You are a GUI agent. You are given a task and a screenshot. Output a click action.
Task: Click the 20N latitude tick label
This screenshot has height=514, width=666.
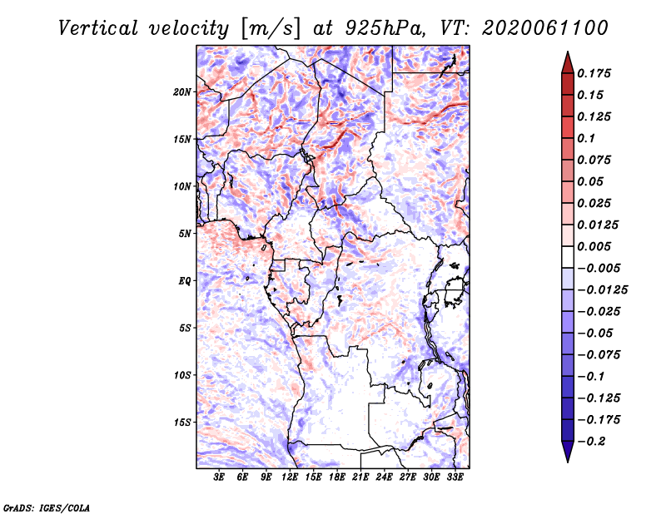pyautogui.click(x=181, y=92)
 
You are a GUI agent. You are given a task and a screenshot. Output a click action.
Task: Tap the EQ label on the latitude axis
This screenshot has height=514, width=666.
pyautogui.click(x=185, y=281)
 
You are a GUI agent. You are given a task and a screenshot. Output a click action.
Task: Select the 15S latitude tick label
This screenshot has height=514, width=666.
pyautogui.click(x=182, y=423)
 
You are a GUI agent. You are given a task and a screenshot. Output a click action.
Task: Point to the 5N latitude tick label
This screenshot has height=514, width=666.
pyautogui.click(x=184, y=234)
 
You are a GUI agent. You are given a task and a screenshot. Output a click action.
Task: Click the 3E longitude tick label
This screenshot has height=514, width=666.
pyautogui.click(x=219, y=477)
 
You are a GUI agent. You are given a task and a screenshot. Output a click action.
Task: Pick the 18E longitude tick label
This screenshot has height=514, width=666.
pyautogui.click(x=337, y=477)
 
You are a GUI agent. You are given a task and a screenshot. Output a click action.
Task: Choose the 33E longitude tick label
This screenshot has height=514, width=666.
pyautogui.click(x=455, y=477)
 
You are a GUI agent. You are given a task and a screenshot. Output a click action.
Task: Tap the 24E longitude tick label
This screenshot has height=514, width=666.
pyautogui.click(x=384, y=477)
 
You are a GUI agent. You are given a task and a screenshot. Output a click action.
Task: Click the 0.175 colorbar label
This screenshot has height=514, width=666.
pyautogui.click(x=594, y=74)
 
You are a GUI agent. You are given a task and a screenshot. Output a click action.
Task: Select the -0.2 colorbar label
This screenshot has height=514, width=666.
pyautogui.click(x=591, y=442)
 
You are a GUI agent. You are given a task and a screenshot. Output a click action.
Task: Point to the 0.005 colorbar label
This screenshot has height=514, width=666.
pyautogui.click(x=594, y=246)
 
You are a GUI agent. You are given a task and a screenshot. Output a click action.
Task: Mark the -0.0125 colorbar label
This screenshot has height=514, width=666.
pyautogui.click(x=602, y=290)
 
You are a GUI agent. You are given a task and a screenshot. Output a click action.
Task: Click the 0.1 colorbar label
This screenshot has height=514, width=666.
pyautogui.click(x=586, y=138)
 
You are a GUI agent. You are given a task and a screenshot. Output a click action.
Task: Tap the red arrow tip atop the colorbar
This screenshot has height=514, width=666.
pyautogui.click(x=568, y=52)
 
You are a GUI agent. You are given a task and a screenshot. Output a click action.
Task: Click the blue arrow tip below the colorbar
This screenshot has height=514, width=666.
pyautogui.click(x=568, y=462)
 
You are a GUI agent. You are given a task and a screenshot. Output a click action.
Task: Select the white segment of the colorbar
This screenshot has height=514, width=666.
pyautogui.click(x=568, y=257)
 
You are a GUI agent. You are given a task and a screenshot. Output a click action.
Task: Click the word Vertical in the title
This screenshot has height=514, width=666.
pyautogui.click(x=98, y=29)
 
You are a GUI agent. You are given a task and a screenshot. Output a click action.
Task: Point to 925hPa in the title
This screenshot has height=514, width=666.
pyautogui.click(x=385, y=29)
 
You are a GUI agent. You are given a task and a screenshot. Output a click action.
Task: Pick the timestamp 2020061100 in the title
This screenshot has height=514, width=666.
pyautogui.click(x=545, y=28)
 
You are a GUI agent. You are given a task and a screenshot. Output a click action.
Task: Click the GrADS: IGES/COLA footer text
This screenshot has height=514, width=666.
pyautogui.click(x=47, y=507)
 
